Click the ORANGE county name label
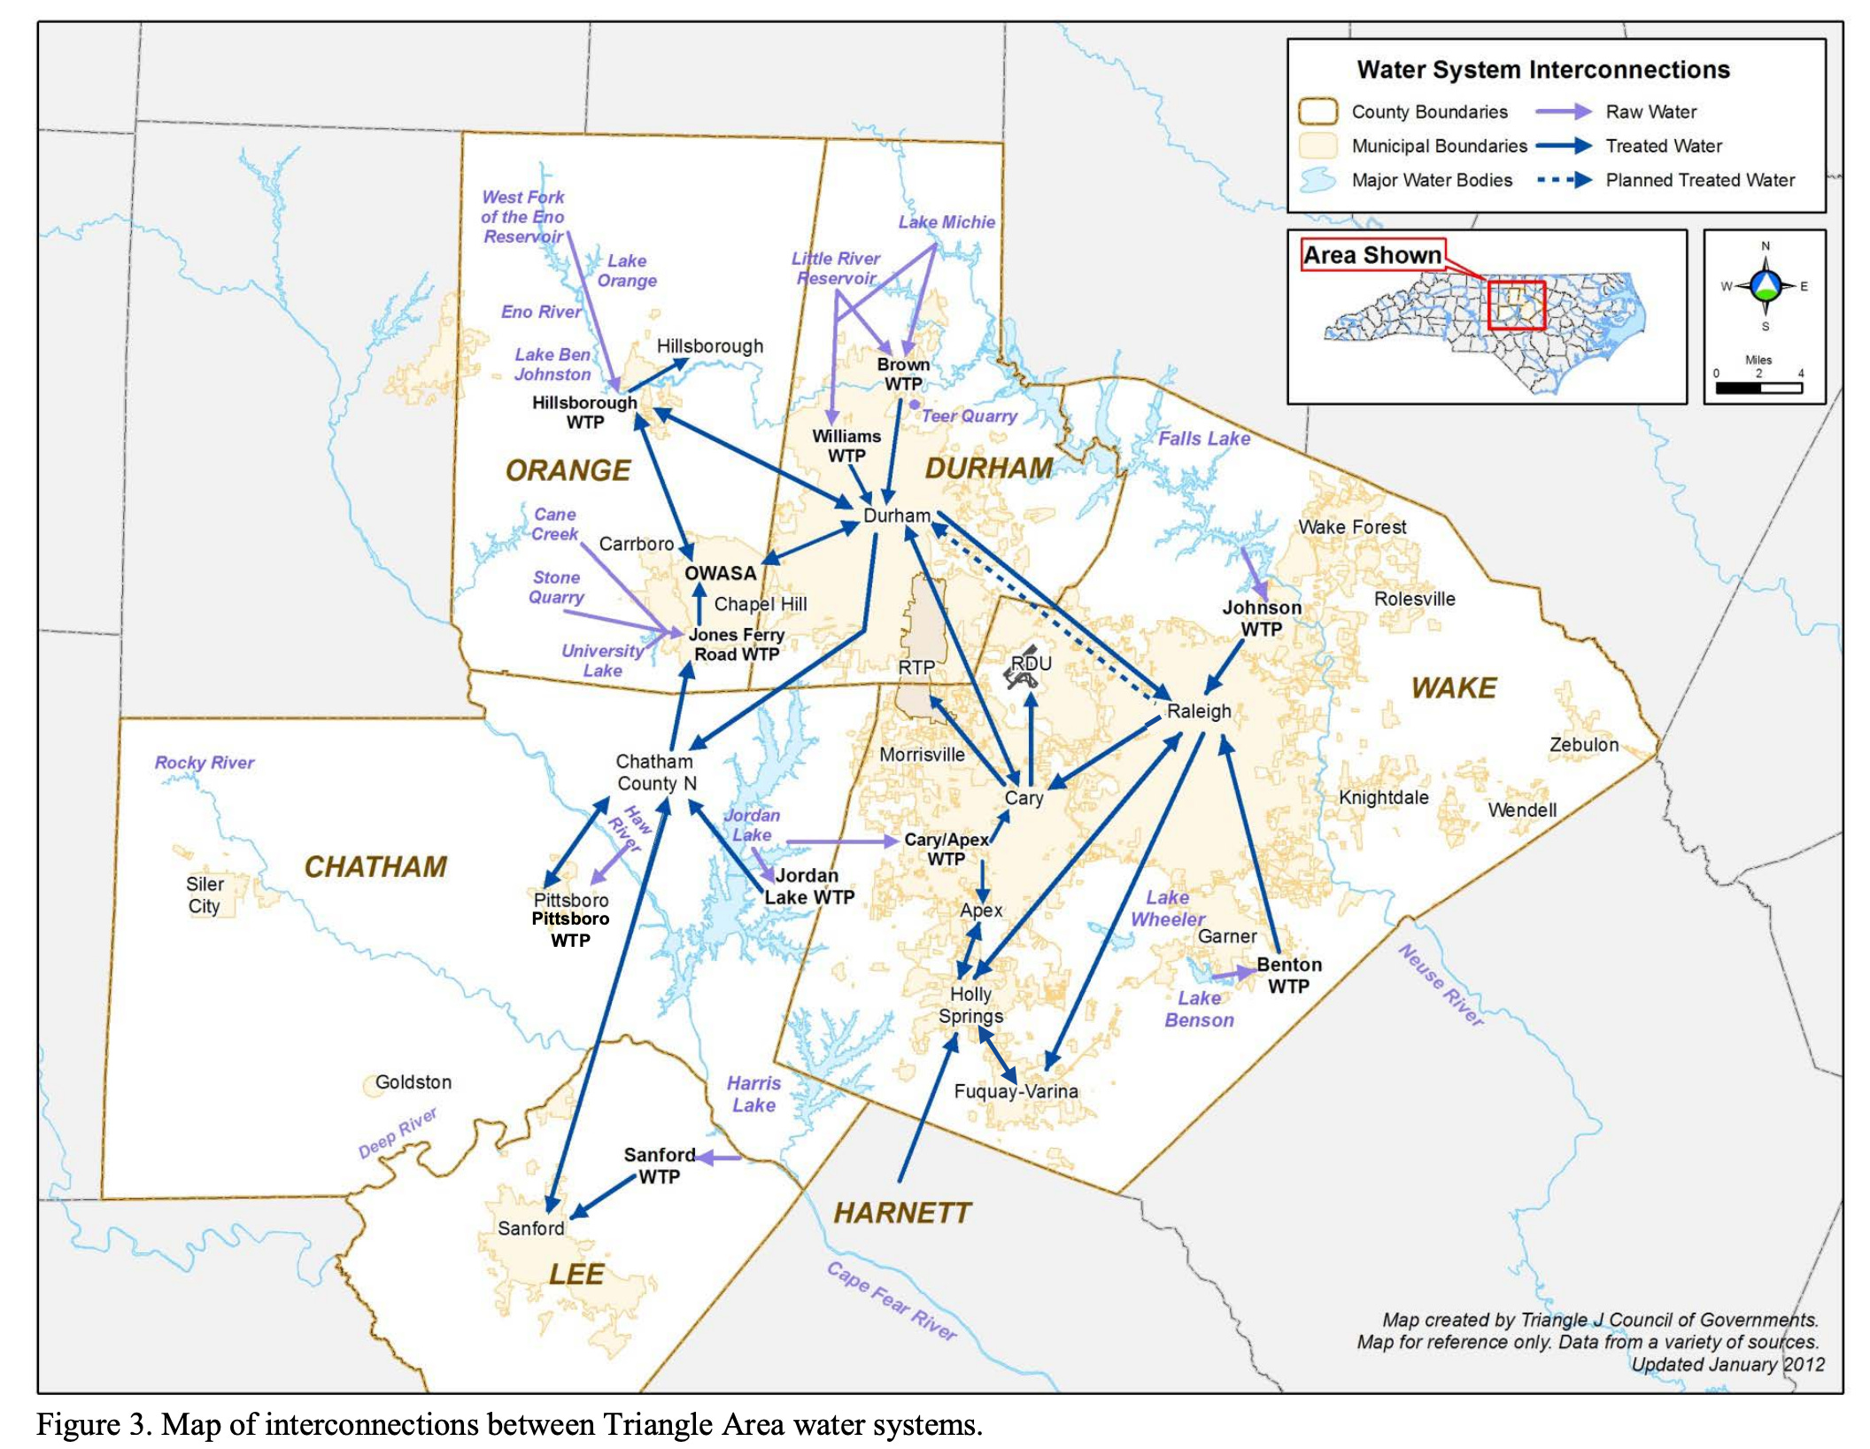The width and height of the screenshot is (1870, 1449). (568, 470)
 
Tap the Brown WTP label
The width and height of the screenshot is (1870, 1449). (903, 375)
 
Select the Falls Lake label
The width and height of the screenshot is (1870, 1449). (1204, 438)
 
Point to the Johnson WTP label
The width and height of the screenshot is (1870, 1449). (1262, 618)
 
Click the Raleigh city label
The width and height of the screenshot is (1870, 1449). (1199, 711)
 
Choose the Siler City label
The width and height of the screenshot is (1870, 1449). (205, 895)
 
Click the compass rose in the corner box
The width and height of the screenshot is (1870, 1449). (1766, 286)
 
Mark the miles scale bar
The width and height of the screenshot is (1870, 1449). (1758, 388)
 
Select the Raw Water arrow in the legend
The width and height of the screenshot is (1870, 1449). (1564, 112)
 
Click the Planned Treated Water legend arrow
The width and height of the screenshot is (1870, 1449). (1564, 181)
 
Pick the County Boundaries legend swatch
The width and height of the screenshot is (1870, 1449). (1317, 112)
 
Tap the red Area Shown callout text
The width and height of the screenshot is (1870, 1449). (1372, 255)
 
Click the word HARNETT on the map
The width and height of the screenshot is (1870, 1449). (902, 1213)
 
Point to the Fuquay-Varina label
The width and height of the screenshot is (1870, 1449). (1016, 1091)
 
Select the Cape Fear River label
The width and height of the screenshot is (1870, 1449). (892, 1301)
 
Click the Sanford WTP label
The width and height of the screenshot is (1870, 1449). (660, 1166)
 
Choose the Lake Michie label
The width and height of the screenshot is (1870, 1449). (947, 222)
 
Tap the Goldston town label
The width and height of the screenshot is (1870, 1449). (413, 1082)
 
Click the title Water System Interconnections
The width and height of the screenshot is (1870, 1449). (1543, 70)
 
